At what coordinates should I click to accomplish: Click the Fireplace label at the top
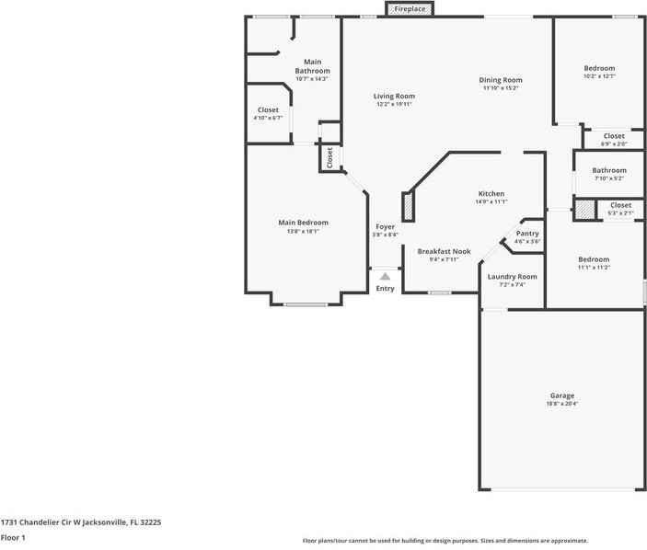click(x=410, y=9)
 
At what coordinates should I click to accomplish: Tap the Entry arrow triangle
click(x=385, y=276)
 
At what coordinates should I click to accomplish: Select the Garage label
click(x=562, y=395)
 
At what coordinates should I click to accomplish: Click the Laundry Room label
click(x=512, y=277)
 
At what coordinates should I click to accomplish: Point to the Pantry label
click(x=527, y=234)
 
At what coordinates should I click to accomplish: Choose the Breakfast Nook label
click(x=444, y=251)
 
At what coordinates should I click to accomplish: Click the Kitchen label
click(x=491, y=194)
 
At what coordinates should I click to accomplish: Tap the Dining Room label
click(x=501, y=80)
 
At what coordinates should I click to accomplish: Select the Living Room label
click(x=394, y=97)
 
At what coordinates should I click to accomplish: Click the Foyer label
click(x=385, y=226)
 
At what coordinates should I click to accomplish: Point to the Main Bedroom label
click(x=303, y=223)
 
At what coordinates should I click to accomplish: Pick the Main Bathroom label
click(x=312, y=66)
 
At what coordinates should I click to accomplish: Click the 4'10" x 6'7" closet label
click(x=268, y=110)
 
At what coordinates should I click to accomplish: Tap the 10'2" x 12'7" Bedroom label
click(x=599, y=69)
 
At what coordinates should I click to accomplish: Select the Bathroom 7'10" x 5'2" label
click(x=608, y=171)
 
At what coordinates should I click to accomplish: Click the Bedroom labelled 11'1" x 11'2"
click(x=594, y=259)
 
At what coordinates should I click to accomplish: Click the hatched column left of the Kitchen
click(x=408, y=206)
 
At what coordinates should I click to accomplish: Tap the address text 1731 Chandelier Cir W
click(x=81, y=521)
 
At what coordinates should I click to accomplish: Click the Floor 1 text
click(x=13, y=537)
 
